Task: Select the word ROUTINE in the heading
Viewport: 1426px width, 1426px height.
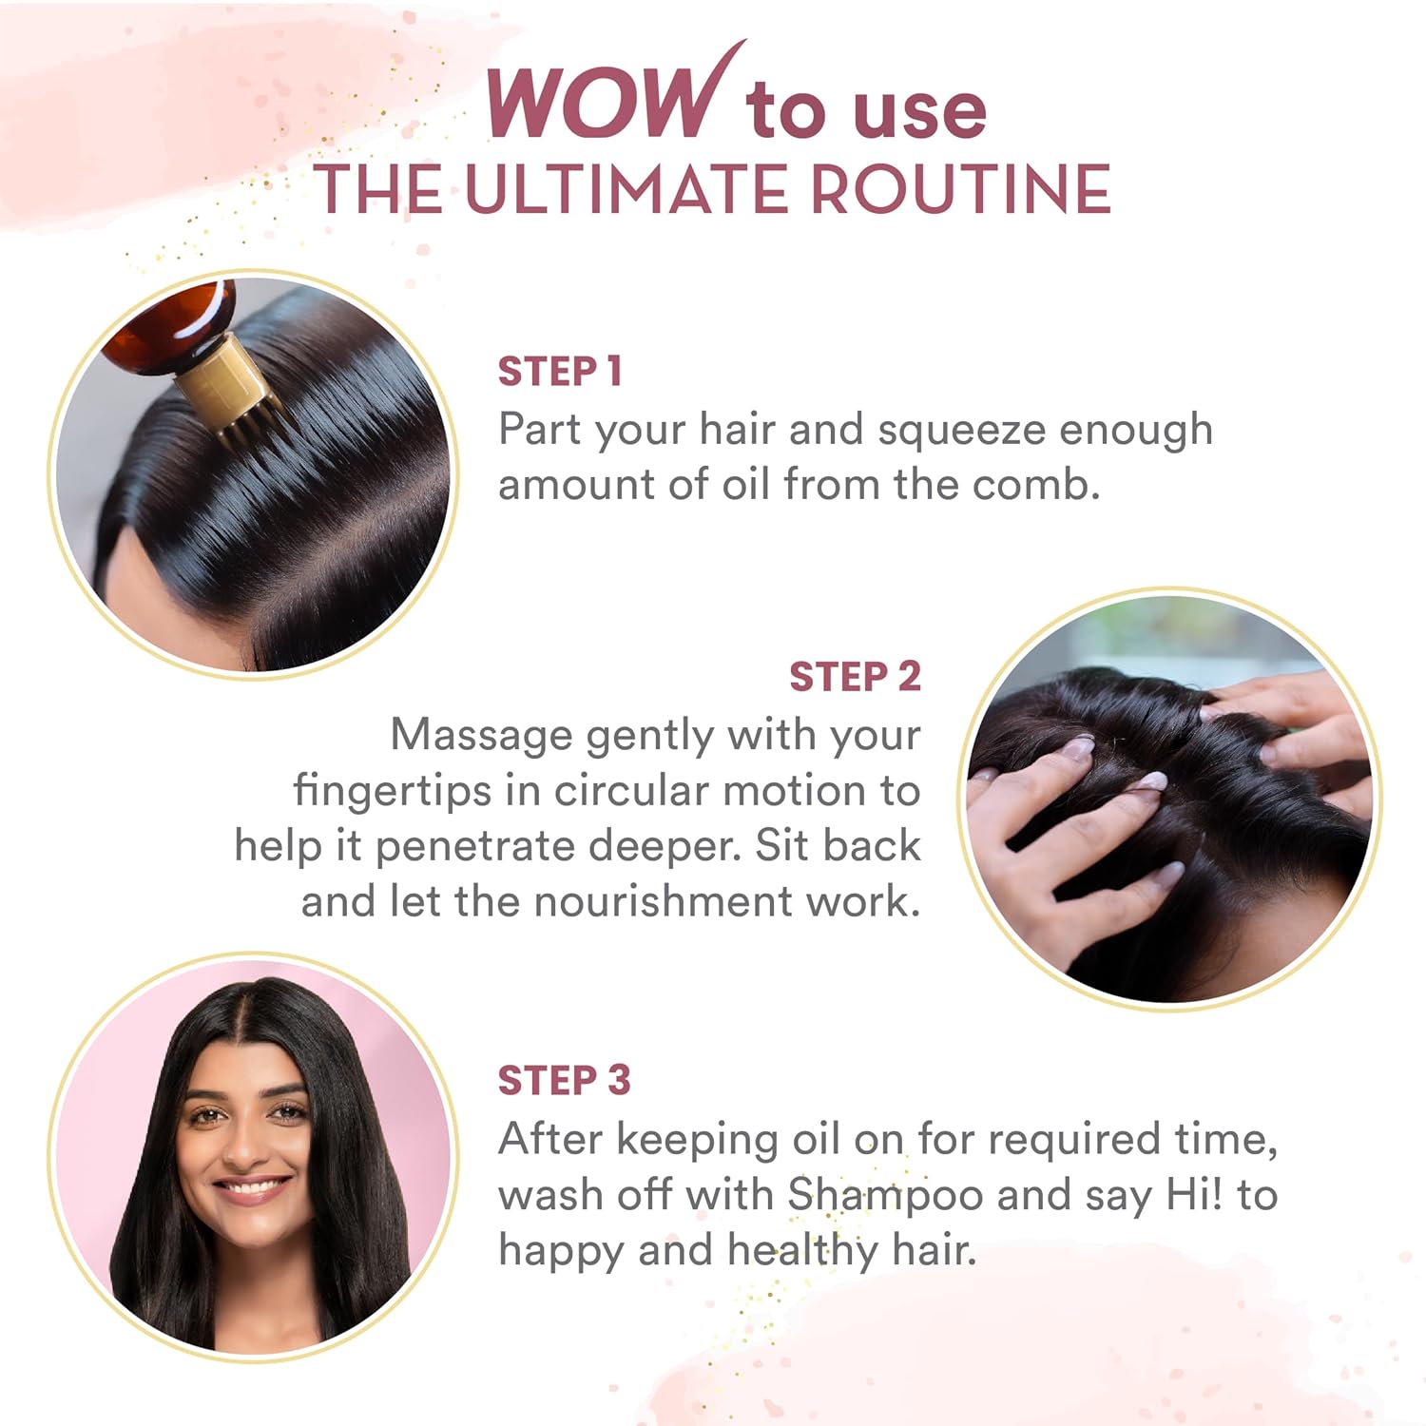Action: [x=960, y=189]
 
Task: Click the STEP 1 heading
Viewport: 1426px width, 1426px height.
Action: [x=560, y=372]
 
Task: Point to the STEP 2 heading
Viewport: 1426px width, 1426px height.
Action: [x=855, y=677]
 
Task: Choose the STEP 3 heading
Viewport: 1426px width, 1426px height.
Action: [x=564, y=1080]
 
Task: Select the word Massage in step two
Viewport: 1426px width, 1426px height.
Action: [x=481, y=737]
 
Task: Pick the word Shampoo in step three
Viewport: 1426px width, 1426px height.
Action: [x=885, y=1197]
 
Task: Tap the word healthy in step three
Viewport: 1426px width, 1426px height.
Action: [x=802, y=1251]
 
